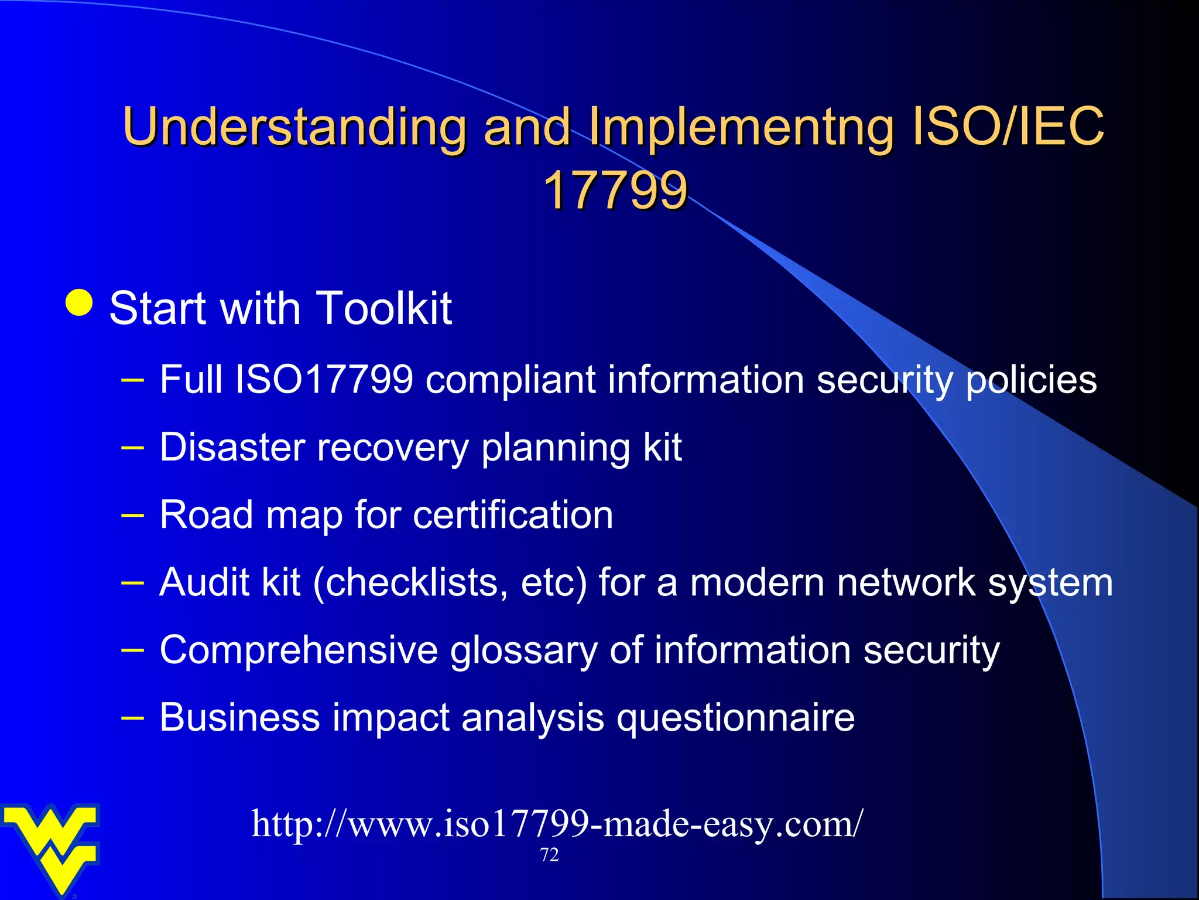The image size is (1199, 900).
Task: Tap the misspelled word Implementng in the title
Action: [741, 127]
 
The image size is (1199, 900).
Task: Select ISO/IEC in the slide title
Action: [1008, 126]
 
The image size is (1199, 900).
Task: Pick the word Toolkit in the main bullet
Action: [383, 308]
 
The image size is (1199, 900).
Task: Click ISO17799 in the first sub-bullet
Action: [324, 380]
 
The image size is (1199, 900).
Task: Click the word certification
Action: [513, 515]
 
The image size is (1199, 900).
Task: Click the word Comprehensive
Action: [299, 650]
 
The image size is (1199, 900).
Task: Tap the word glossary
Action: [523, 652]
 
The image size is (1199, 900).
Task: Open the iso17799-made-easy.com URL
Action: [557, 824]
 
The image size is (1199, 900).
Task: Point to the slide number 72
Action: [549, 855]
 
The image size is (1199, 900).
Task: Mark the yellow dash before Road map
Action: [132, 516]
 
